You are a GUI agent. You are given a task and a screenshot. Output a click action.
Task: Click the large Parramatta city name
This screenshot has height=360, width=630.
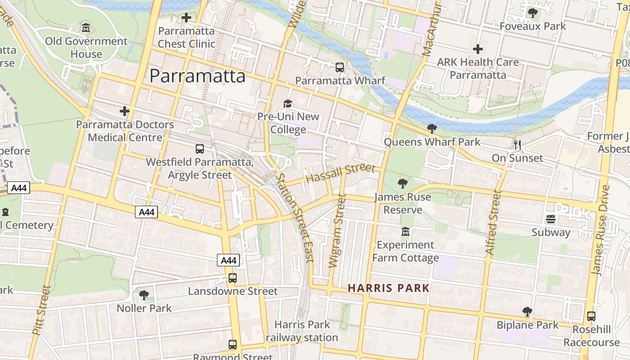[198, 76]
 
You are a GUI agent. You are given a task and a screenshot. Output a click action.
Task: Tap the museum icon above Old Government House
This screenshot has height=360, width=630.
[86, 28]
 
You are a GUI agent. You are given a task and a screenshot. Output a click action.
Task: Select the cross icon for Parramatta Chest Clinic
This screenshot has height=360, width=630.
[186, 18]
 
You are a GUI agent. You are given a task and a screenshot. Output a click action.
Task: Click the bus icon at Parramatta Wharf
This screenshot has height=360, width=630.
[340, 67]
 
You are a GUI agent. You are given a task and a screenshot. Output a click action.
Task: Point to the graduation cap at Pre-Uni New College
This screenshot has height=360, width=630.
[288, 104]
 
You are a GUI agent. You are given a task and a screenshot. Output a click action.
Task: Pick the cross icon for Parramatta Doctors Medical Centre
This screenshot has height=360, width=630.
[125, 111]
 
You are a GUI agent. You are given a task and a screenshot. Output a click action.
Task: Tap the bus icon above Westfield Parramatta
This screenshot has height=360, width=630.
[200, 148]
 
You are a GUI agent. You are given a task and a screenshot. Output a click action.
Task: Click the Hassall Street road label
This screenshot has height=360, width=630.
[340, 173]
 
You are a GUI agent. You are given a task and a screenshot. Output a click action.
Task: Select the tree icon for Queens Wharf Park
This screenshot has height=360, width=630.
[432, 129]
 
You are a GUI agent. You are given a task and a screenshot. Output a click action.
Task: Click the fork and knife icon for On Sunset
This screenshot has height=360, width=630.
[517, 144]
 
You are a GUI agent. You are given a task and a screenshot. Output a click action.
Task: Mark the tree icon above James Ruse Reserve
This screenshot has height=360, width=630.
[403, 184]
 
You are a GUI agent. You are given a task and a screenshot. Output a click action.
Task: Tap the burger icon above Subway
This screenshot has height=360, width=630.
[551, 219]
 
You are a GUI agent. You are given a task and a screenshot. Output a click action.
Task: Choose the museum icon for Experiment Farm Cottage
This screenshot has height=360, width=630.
[405, 232]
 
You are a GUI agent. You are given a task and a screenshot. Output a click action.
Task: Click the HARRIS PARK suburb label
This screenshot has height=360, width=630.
[389, 288]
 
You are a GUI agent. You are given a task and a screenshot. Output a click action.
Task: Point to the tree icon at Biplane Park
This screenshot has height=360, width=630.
[527, 311]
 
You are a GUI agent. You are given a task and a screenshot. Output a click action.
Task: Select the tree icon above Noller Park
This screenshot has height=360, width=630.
[144, 295]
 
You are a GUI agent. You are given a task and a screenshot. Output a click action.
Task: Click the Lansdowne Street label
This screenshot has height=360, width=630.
[233, 291]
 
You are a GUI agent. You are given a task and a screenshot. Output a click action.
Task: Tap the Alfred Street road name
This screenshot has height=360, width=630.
[493, 223]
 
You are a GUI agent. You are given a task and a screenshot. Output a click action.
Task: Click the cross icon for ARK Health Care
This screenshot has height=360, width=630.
[478, 49]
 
